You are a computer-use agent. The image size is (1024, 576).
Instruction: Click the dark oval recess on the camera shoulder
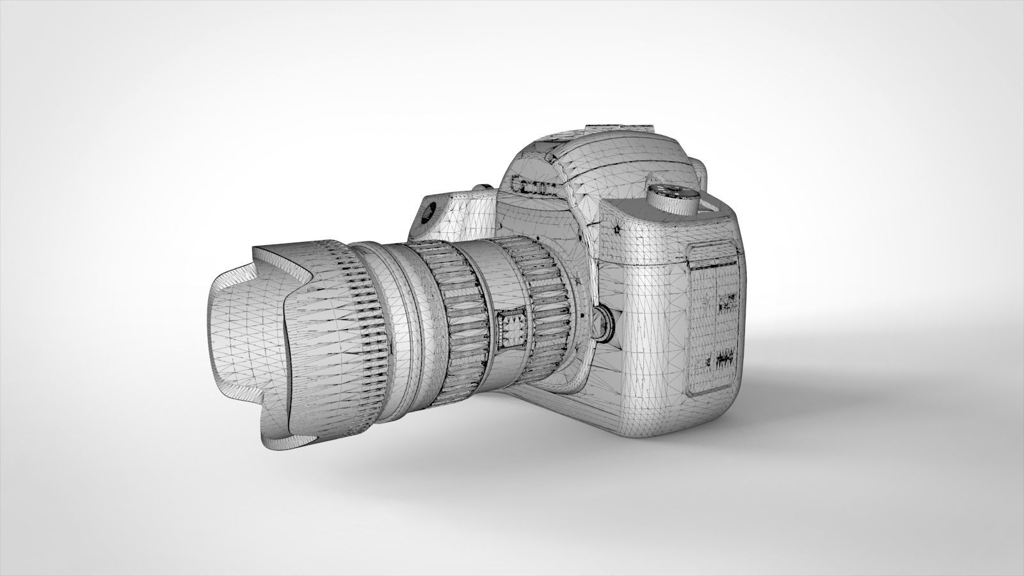(x=429, y=211)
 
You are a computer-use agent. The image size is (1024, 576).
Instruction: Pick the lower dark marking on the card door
(x=723, y=358)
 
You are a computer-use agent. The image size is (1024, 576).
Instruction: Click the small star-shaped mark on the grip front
(x=616, y=228)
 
